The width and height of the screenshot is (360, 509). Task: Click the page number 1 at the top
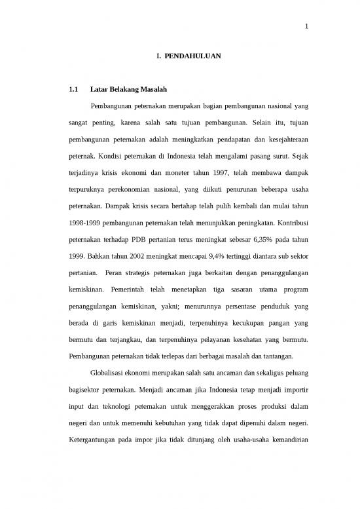[306, 27]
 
